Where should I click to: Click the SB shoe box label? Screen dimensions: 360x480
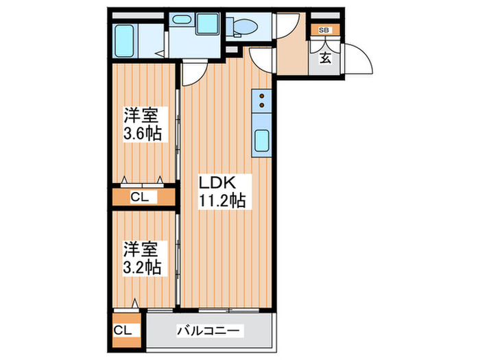(324, 30)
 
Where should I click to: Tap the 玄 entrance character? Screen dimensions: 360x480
(325, 58)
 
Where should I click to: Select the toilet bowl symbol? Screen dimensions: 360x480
(244, 27)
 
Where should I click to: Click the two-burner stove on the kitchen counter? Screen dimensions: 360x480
(261, 102)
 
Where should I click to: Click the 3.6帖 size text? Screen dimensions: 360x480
(143, 134)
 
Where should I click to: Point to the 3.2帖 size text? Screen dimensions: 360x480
(143, 267)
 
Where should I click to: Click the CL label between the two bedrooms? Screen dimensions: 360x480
(143, 197)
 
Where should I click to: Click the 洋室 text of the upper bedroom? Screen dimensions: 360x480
(143, 115)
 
